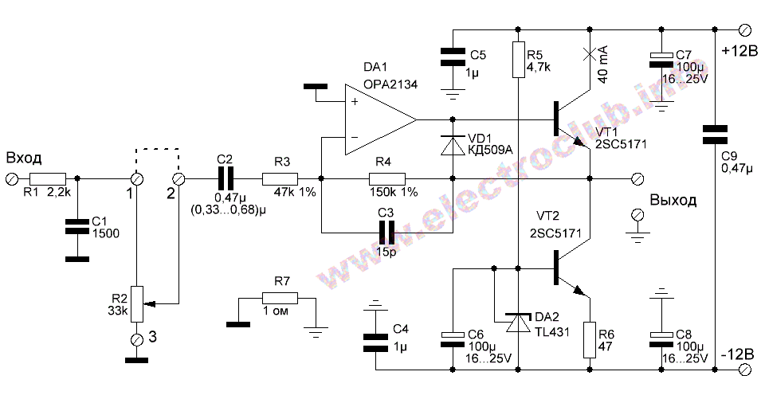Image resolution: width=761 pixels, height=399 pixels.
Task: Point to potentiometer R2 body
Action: [137, 303]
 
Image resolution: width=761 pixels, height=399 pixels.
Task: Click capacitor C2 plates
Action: [226, 178]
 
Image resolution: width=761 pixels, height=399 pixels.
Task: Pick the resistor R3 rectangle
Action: [280, 178]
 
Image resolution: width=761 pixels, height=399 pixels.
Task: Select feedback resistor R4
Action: [386, 178]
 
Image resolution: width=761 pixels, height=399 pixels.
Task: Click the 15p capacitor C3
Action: [386, 232]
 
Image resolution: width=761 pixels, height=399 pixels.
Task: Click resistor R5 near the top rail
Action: [518, 60]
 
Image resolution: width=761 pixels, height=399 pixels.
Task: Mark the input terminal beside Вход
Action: [10, 178]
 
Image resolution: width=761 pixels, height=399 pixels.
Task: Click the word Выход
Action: [673, 199]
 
